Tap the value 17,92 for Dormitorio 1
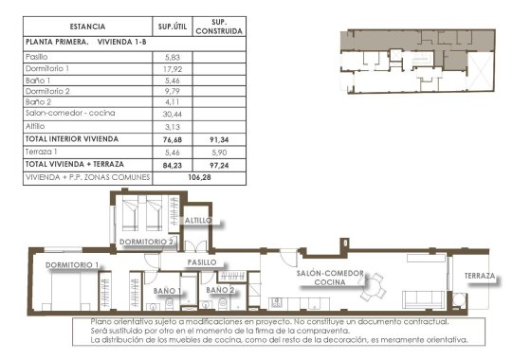(x=174, y=69)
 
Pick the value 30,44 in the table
(x=174, y=112)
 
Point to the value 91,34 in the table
(x=220, y=137)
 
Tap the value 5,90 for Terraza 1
(x=220, y=151)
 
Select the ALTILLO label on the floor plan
(x=199, y=220)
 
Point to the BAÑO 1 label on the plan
(x=167, y=290)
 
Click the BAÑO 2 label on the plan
(x=220, y=290)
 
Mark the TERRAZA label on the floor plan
(x=481, y=277)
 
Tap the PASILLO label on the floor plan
(x=202, y=261)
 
